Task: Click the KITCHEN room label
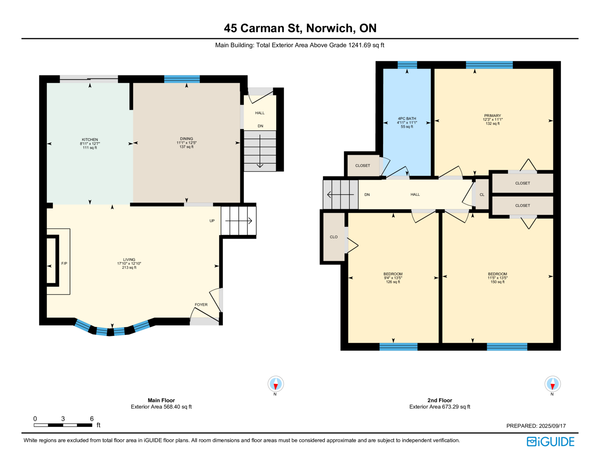tap(90, 139)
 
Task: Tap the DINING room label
tap(186, 139)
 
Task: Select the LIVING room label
tap(129, 260)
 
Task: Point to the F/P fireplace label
tap(64, 263)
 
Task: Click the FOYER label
tap(201, 305)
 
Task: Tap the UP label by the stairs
tap(212, 221)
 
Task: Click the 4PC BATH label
tap(407, 119)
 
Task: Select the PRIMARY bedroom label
tap(493, 115)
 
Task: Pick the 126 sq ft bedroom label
tap(393, 274)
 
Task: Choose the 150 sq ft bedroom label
tap(498, 274)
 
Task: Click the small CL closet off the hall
tap(482, 195)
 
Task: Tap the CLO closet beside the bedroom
tap(333, 237)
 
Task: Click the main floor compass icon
tap(276, 384)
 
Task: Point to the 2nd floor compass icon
tap(552, 384)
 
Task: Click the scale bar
tap(63, 425)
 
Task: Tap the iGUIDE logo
tap(550, 442)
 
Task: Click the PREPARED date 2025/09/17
tap(552, 426)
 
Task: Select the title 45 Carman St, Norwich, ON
tap(300, 28)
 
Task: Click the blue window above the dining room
tap(182, 79)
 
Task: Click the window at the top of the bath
tap(407, 65)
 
